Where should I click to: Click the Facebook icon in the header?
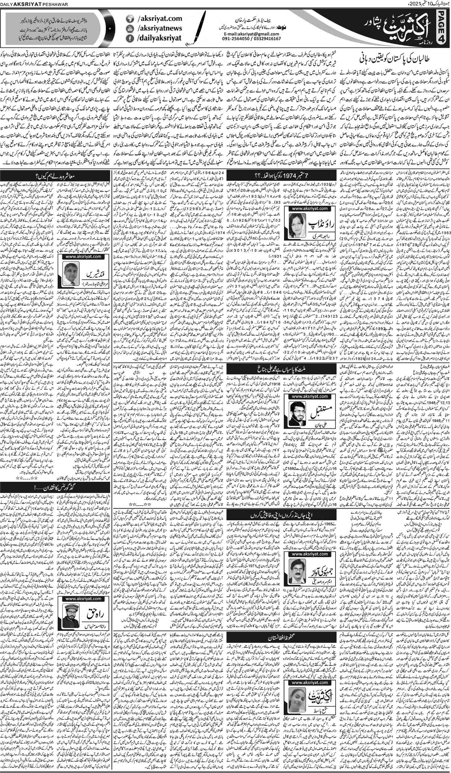click(x=128, y=39)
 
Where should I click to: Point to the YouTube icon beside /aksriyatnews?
click(x=128, y=29)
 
